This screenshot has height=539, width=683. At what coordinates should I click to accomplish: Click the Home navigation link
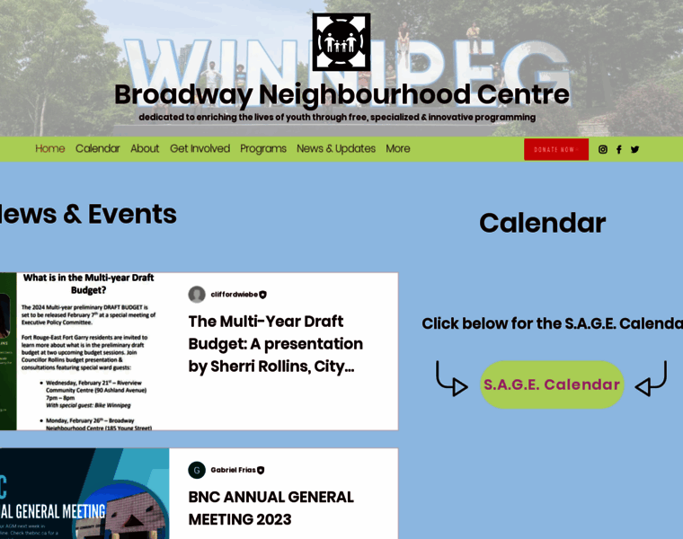50,149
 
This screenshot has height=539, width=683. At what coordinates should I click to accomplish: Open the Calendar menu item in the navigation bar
97,149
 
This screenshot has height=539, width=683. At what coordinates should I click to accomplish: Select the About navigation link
145,149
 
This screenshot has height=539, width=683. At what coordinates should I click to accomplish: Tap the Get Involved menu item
200,149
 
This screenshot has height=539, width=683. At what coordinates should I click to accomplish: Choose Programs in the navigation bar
263,149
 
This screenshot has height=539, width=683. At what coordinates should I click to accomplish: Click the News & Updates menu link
336,149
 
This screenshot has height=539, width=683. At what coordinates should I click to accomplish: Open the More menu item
398,149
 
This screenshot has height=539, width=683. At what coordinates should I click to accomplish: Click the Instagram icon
603,150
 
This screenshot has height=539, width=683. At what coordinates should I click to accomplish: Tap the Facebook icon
619,150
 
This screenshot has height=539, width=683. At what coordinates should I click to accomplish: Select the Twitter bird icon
635,150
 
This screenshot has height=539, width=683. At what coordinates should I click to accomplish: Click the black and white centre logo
341,42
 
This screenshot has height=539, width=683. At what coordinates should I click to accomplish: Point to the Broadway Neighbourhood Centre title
341,94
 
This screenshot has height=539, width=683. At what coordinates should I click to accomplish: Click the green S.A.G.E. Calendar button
552,384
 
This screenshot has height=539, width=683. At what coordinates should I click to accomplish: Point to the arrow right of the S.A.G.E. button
651,379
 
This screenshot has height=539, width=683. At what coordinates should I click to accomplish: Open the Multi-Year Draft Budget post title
275,343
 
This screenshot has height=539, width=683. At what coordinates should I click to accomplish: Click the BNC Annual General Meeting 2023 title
271,508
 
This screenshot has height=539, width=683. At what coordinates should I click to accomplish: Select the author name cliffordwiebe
234,295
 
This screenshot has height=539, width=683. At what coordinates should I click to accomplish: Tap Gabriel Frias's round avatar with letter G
197,470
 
